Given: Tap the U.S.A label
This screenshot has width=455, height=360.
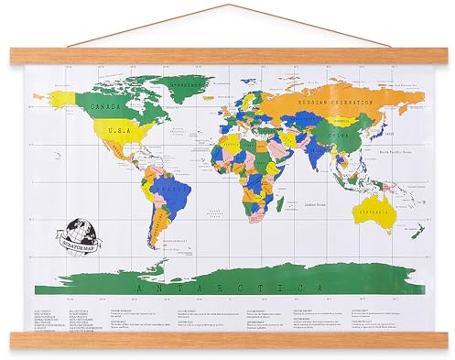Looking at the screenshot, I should point(118,135).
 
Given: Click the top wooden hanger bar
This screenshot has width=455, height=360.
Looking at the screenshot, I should point(227,56).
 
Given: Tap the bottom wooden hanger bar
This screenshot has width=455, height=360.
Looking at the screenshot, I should point(227,340).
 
